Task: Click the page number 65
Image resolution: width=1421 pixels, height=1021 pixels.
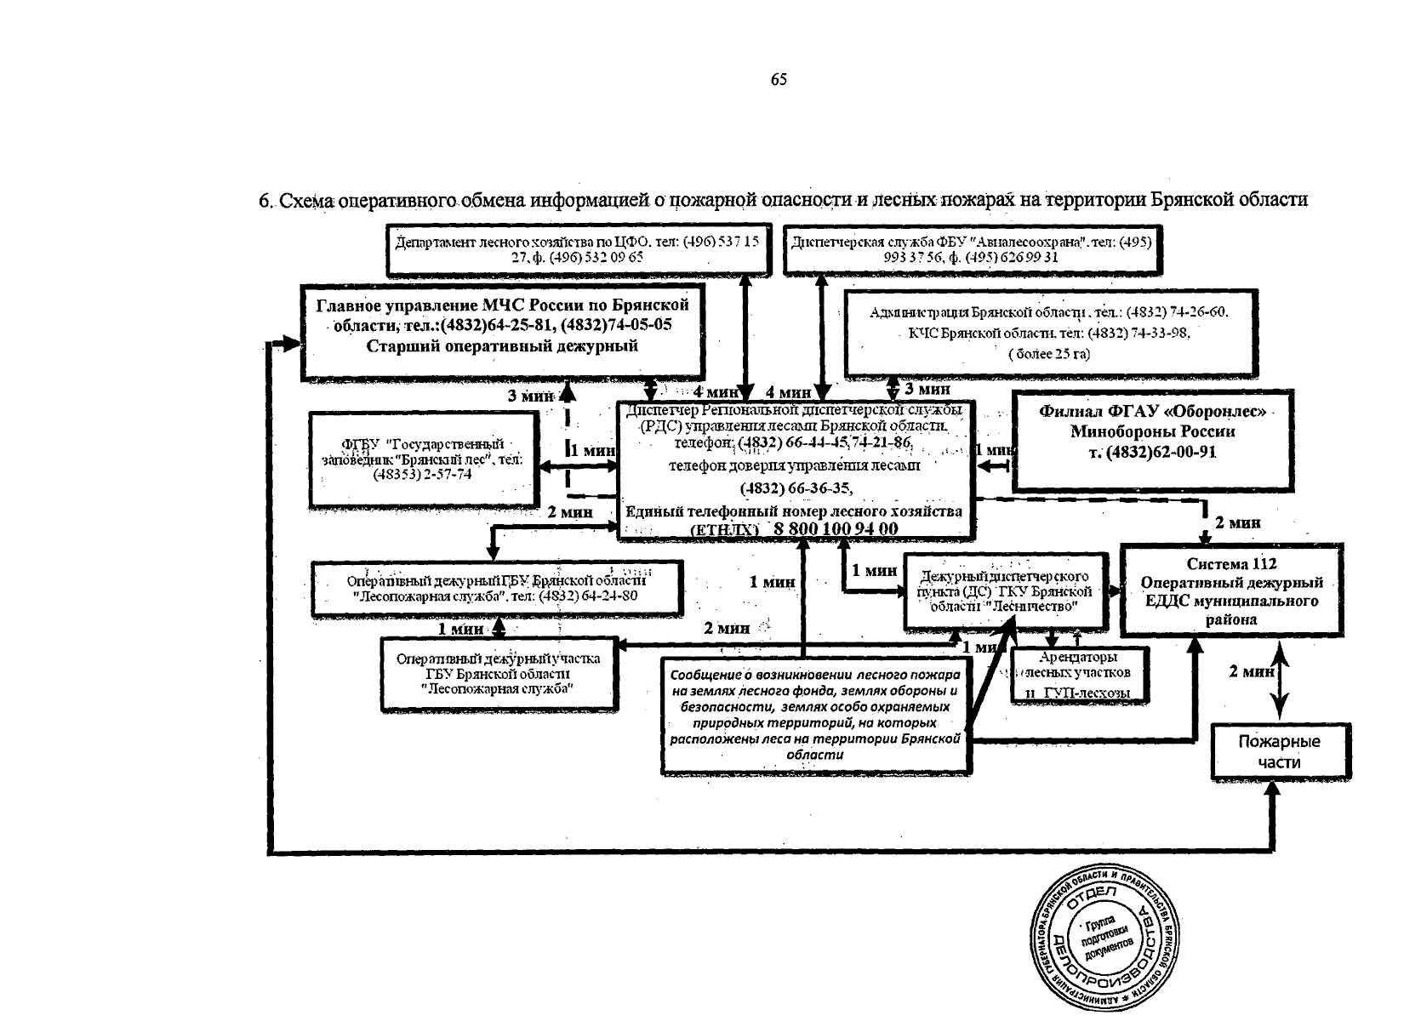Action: pyautogui.click(x=779, y=80)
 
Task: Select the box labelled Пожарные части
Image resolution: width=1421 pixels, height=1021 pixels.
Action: pyautogui.click(x=1280, y=751)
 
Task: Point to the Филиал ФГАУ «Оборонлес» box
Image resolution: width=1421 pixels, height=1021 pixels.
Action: pyautogui.click(x=1153, y=441)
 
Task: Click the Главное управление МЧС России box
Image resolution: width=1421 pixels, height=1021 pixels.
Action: pyautogui.click(x=503, y=331)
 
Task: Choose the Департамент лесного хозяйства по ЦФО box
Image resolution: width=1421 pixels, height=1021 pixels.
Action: pyautogui.click(x=578, y=249)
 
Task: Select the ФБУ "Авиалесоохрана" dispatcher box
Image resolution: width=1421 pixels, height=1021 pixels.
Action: pyautogui.click(x=971, y=249)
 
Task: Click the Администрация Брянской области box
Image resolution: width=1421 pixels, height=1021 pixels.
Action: pyautogui.click(x=1048, y=333)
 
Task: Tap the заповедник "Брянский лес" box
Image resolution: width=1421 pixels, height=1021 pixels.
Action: pyautogui.click(x=423, y=459)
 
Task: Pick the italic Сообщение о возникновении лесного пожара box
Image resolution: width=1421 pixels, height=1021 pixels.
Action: pyautogui.click(x=815, y=714)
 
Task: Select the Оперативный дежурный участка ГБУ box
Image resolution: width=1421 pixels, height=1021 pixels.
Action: pyautogui.click(x=498, y=674)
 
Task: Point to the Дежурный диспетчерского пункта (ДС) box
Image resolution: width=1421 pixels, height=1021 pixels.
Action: pyautogui.click(x=1009, y=591)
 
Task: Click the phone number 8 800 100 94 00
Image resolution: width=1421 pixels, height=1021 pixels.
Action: pyautogui.click(x=835, y=529)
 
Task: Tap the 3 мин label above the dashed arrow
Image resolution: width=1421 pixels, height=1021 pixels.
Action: pyautogui.click(x=530, y=396)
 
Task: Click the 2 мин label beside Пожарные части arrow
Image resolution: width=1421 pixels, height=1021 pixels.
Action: pyautogui.click(x=1250, y=672)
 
